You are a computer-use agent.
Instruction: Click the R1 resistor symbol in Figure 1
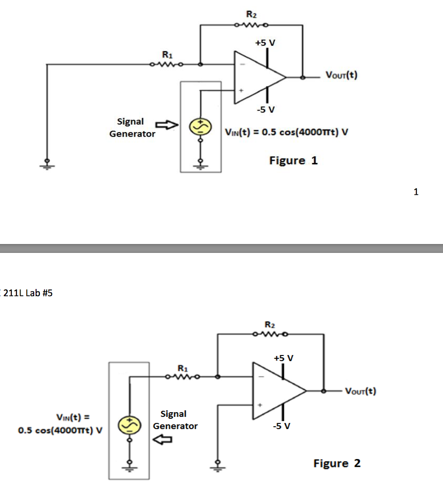[166, 64]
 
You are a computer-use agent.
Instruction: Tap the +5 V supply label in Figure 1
[265, 43]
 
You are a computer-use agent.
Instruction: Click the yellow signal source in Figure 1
[197, 126]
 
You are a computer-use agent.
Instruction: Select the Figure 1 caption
[293, 161]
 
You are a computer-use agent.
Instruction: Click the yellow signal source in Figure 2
[128, 423]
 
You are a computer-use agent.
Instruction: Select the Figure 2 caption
[337, 463]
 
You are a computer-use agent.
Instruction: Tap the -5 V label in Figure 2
[283, 426]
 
